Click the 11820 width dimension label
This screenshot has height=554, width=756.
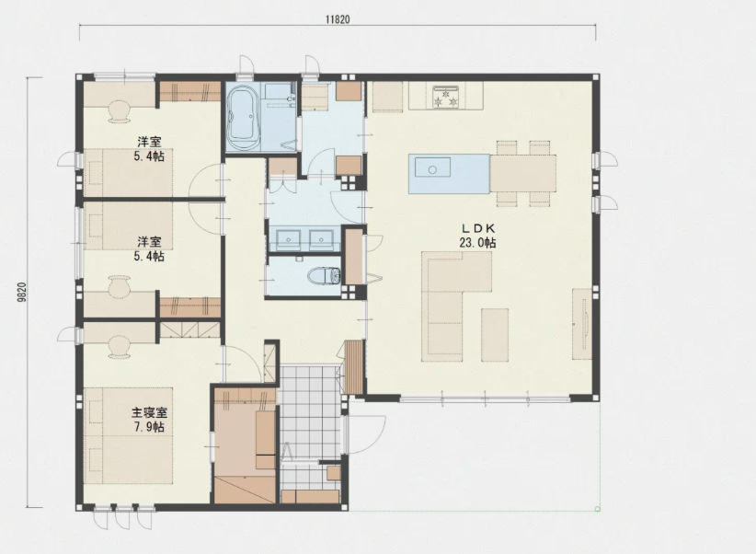pyautogui.click(x=338, y=19)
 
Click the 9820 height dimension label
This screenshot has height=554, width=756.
pyautogui.click(x=21, y=293)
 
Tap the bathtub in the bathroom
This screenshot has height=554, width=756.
pyautogui.click(x=244, y=118)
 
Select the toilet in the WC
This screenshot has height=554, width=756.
pyautogui.click(x=324, y=276)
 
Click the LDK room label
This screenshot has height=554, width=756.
pyautogui.click(x=478, y=229)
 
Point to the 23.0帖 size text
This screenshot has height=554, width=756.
pyautogui.click(x=477, y=242)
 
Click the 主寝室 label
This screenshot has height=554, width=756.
pyautogui.click(x=150, y=413)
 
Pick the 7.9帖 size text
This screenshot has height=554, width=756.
pyautogui.click(x=149, y=427)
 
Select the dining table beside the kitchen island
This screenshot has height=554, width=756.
pyautogui.click(x=522, y=173)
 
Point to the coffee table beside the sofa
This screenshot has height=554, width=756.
pyautogui.click(x=495, y=335)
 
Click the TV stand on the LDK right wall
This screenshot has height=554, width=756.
pyautogui.click(x=582, y=323)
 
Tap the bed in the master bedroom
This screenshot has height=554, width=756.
pyautogui.click(x=128, y=435)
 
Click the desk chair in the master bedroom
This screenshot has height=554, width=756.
pyautogui.click(x=119, y=347)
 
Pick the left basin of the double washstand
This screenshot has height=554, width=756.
pyautogui.click(x=289, y=238)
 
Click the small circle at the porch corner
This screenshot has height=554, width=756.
pyautogui.click(x=598, y=509)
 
